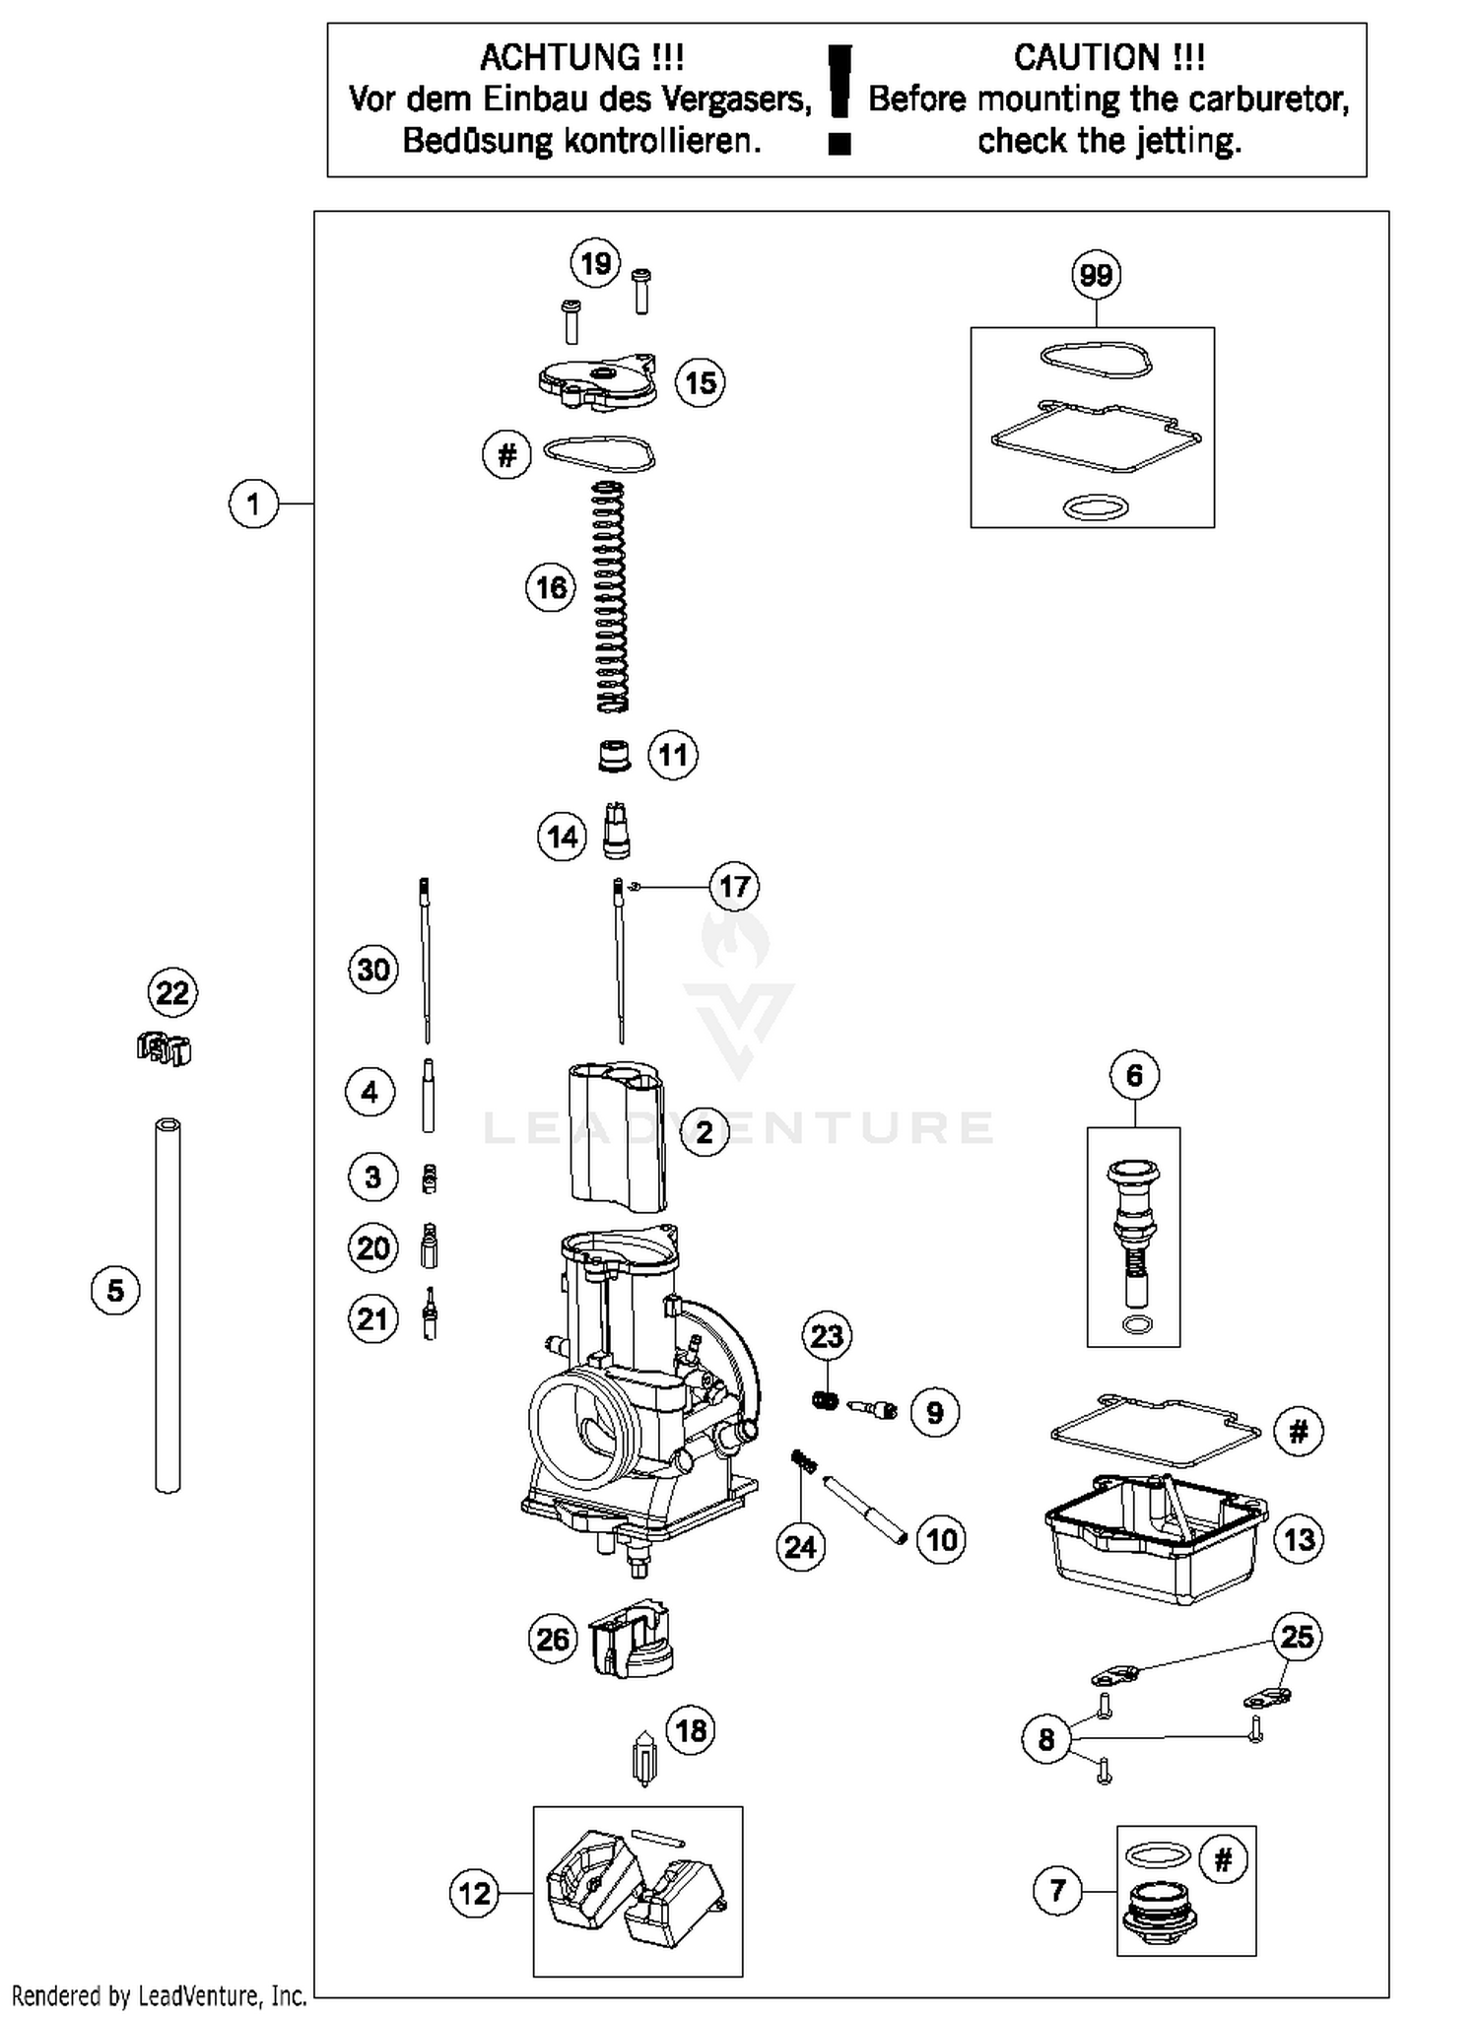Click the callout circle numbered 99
point(1096,275)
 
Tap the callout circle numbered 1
point(253,504)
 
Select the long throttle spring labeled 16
point(612,597)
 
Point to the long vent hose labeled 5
point(168,1305)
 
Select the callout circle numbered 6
point(1134,1075)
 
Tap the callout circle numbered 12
point(474,1893)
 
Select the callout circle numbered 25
point(1297,1637)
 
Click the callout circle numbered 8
point(1046,1740)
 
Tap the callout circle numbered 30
point(372,970)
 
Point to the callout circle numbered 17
point(734,887)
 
